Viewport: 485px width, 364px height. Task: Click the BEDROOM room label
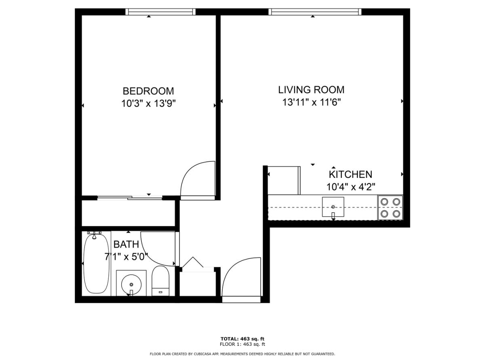click(148, 91)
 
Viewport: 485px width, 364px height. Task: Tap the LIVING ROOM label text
click(311, 90)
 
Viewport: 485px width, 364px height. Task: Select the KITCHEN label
click(350, 174)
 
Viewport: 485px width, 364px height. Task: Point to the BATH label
click(126, 244)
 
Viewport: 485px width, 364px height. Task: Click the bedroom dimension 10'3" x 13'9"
click(148, 104)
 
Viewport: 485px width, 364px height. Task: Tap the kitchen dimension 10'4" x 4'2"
click(351, 187)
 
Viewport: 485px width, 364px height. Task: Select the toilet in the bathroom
click(160, 281)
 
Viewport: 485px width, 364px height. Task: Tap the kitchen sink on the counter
click(333, 207)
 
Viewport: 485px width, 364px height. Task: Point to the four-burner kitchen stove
click(390, 207)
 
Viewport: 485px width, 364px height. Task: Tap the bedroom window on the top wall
click(160, 12)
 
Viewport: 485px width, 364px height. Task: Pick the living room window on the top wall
click(315, 12)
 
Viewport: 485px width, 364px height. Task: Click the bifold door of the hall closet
click(193, 262)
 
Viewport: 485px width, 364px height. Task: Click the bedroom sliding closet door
click(130, 198)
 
